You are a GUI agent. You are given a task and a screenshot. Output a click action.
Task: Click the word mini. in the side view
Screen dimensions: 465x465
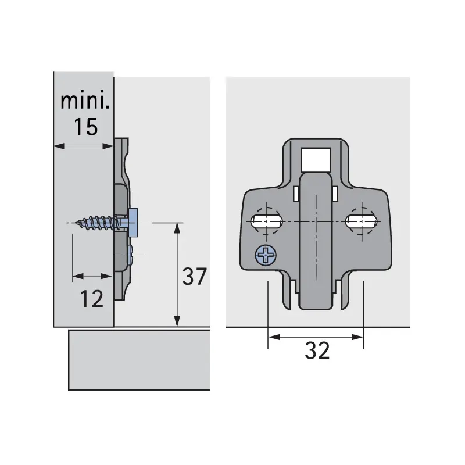click(85, 101)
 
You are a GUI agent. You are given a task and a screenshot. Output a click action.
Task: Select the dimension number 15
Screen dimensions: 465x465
click(85, 127)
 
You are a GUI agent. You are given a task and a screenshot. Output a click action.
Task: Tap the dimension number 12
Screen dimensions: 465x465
click(92, 299)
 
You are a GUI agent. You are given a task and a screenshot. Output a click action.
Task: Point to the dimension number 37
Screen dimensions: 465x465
click(194, 276)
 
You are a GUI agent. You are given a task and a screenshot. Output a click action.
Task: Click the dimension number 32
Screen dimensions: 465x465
click(317, 350)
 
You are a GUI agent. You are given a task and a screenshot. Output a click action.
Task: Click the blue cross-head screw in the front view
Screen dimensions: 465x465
click(266, 255)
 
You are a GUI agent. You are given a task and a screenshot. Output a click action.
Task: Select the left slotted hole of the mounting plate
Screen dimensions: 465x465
click(266, 221)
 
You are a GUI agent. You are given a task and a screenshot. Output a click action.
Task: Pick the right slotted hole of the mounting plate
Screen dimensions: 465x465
click(362, 221)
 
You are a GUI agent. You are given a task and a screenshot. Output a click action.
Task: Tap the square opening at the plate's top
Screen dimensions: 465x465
click(316, 159)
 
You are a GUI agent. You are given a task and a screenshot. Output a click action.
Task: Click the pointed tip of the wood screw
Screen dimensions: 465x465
click(77, 223)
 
